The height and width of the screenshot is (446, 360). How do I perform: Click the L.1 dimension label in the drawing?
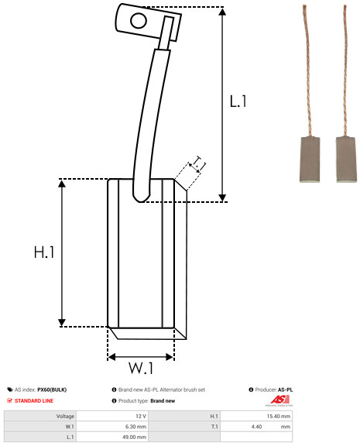(238, 101)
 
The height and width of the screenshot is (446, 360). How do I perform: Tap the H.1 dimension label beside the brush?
(44, 252)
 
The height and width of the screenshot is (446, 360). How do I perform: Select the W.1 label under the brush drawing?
(141, 368)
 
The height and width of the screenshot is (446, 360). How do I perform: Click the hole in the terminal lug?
(139, 21)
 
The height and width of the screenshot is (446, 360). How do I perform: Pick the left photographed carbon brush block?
(310, 160)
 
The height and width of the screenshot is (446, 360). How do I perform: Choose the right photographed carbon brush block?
(345, 160)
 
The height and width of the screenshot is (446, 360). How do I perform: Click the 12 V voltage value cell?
(141, 416)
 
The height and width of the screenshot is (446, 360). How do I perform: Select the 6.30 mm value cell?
(135, 427)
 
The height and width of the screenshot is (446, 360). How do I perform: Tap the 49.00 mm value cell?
(134, 437)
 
